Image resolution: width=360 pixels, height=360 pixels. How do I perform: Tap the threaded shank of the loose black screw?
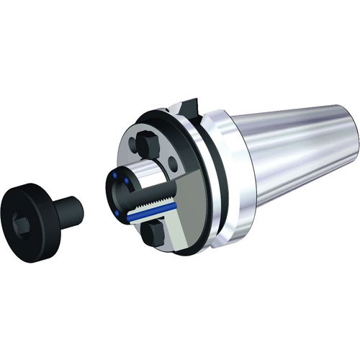[70, 209]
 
